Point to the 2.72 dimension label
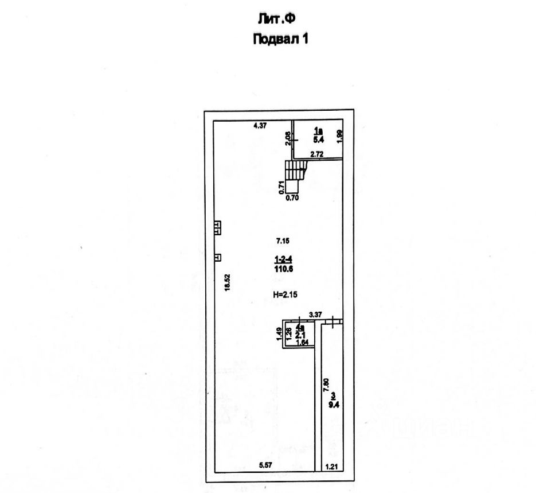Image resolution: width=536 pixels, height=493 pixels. point(317,154)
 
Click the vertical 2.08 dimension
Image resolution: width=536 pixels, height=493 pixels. point(288,138)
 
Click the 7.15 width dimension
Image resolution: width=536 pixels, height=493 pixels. point(283,242)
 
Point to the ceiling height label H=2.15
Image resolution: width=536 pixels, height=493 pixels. point(287,294)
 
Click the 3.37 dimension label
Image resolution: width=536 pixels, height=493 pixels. point(315,315)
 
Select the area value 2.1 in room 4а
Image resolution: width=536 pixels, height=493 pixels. point(299,335)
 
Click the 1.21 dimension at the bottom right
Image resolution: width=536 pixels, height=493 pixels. point(332,467)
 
